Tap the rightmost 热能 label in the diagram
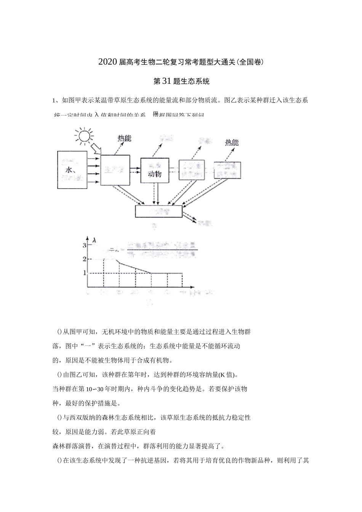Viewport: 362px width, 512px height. coord(231,142)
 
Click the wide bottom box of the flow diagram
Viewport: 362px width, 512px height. coord(159,211)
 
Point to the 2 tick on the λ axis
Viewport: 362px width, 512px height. coord(84,259)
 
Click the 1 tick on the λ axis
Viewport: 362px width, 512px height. coord(84,273)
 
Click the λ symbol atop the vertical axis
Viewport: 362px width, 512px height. coord(94,240)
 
